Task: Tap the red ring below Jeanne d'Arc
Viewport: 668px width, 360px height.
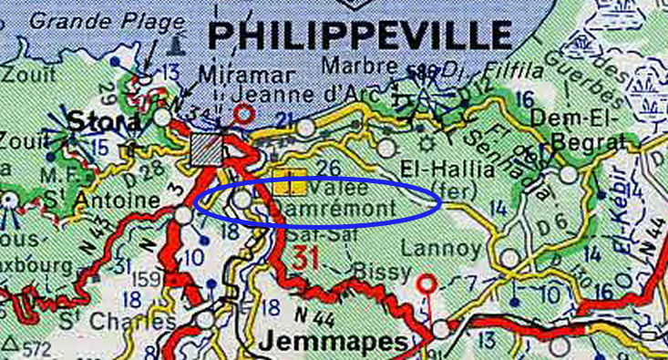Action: click(x=243, y=114)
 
